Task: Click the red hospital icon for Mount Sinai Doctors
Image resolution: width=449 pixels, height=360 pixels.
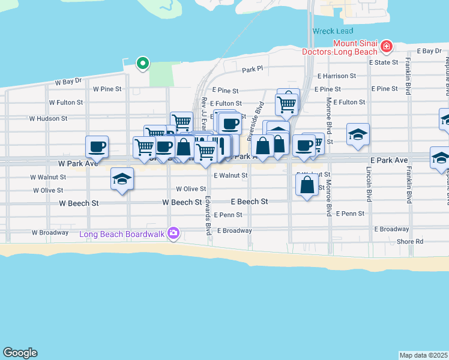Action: tap(387, 46)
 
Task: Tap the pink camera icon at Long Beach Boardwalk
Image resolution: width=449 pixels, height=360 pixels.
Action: tap(173, 233)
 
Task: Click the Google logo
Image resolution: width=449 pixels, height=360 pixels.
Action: tap(20, 353)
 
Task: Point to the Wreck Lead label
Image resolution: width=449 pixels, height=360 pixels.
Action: tap(333, 31)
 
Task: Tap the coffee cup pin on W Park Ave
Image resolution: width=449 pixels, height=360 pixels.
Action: tap(97, 146)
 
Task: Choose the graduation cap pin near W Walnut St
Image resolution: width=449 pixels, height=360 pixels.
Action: tap(122, 178)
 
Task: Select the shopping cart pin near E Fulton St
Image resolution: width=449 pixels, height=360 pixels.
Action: tap(287, 104)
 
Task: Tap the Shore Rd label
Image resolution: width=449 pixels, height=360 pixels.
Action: tap(410, 242)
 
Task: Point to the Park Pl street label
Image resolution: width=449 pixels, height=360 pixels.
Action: tap(253, 70)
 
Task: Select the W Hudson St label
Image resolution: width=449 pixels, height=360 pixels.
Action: tap(49, 119)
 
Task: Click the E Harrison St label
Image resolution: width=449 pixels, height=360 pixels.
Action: tap(337, 76)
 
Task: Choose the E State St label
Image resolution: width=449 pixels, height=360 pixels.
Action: tap(384, 62)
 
